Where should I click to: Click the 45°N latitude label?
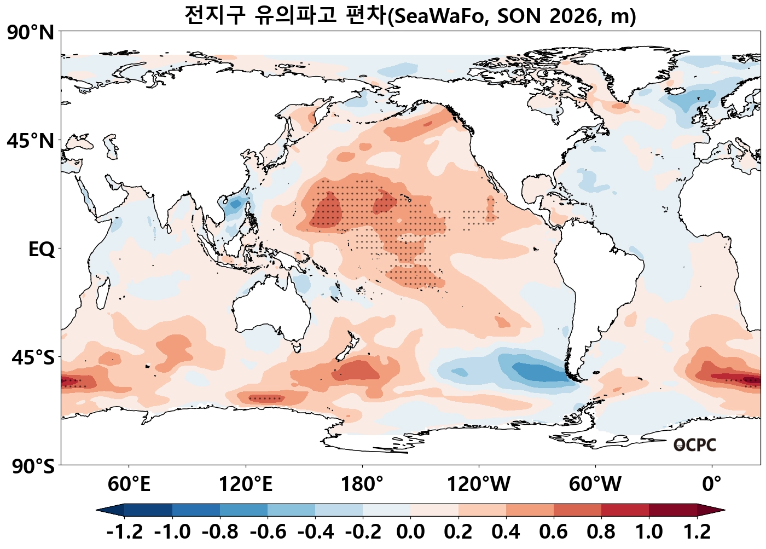point(31,141)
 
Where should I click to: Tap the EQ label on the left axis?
point(42,250)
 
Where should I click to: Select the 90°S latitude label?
point(33,466)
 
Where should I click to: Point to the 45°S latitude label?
point(33,358)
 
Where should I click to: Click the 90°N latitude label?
point(31,33)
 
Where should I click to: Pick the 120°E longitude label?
point(245,484)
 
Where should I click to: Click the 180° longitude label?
point(362,484)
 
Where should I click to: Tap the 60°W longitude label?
point(595,484)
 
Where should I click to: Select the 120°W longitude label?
point(478,484)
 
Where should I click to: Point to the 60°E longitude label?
point(129,484)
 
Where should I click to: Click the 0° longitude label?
point(712,484)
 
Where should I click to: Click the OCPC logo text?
point(694,445)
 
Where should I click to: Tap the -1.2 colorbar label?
point(125,532)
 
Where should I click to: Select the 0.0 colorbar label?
point(410,532)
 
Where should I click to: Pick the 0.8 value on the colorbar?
point(601,532)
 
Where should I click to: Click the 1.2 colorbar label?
point(697,532)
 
